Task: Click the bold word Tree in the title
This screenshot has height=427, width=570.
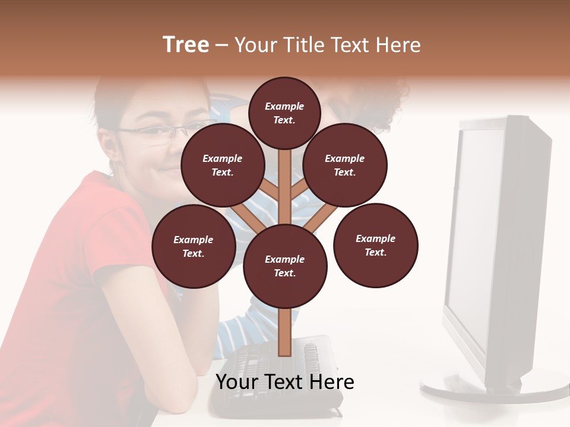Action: point(186,45)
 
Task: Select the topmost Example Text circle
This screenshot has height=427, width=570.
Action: point(284,113)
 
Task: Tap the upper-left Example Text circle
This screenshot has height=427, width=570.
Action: point(223,165)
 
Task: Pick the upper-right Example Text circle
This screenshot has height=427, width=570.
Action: point(345,165)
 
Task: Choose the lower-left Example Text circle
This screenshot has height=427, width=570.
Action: point(194,246)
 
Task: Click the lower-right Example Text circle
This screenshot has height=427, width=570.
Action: point(375,245)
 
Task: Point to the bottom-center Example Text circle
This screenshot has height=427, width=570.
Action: point(285,266)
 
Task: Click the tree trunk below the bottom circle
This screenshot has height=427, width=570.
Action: point(284,332)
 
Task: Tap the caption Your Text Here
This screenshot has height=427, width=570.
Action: point(284,382)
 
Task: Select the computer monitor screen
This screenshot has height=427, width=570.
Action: point(475,237)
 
